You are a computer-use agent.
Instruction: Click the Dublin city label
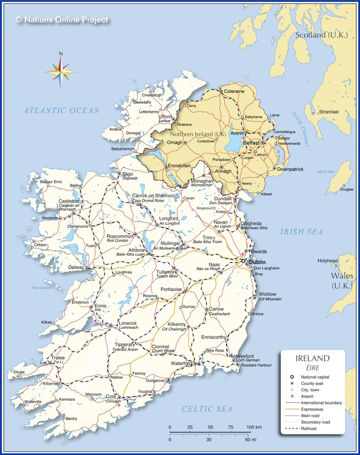[257, 262]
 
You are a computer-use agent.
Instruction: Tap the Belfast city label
[252, 143]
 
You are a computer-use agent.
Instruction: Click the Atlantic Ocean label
[61, 110]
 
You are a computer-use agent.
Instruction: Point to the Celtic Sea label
[207, 409]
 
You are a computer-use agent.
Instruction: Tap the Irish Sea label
[301, 232]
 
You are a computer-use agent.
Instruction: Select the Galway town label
[76, 267]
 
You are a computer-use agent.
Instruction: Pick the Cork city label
[111, 396]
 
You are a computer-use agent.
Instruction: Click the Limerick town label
[128, 323]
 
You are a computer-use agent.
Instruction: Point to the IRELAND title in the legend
[312, 359]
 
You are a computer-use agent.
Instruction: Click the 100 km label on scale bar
[254, 427]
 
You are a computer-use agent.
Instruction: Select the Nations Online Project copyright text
[62, 20]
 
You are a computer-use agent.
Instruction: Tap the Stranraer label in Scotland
[328, 112]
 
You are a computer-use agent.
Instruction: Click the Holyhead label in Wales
[327, 261]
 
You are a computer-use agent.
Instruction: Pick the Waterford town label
[182, 363]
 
